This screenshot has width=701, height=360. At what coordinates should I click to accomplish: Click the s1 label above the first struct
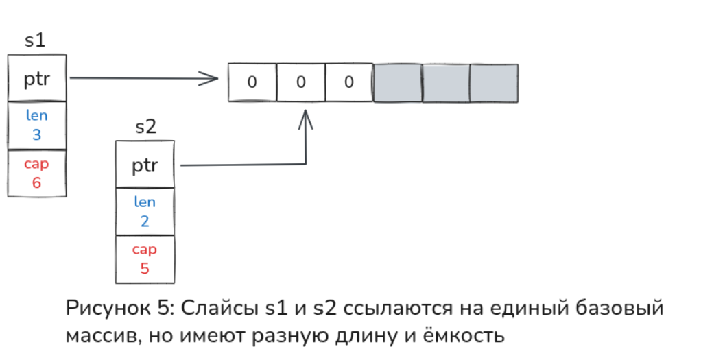(x=35, y=40)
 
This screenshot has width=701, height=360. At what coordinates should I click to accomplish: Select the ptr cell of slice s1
(x=37, y=79)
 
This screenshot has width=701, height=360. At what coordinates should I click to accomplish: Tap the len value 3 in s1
(x=37, y=134)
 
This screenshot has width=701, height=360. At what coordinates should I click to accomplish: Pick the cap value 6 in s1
(x=37, y=183)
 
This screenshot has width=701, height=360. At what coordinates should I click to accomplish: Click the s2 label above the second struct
(x=145, y=127)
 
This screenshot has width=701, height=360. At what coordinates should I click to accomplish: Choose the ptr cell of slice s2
(x=145, y=165)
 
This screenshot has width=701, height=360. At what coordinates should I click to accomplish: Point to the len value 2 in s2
(x=145, y=221)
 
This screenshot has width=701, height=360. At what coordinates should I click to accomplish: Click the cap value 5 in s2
(x=145, y=268)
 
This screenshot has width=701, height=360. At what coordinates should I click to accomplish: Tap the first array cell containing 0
(x=252, y=83)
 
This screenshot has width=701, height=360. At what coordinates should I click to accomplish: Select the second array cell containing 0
(x=300, y=83)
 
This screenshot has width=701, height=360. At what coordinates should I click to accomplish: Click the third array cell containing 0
(x=349, y=83)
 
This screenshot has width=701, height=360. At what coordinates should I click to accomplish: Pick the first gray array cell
(x=397, y=83)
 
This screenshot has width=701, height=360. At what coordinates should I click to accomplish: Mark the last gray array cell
(x=494, y=83)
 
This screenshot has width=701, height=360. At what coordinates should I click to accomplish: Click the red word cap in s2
(x=145, y=250)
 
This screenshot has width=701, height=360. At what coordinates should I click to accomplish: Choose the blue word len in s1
(x=37, y=116)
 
